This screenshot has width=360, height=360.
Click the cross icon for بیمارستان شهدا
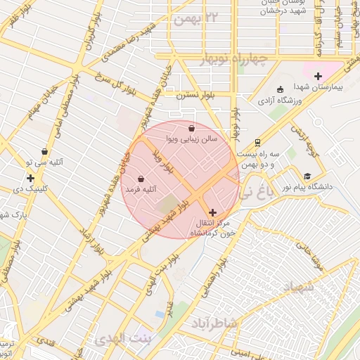[x=318, y=76]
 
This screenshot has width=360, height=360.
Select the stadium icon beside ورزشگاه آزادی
[x=280, y=89]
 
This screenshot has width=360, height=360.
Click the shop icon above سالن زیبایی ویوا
[x=192, y=128]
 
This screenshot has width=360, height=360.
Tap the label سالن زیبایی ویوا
[x=192, y=140]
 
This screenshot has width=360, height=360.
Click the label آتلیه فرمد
[x=141, y=190]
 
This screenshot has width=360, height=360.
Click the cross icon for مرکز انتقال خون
[x=212, y=212]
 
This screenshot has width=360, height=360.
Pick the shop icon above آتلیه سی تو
[x=45, y=150]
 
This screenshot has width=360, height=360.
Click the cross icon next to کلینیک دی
[x=30, y=178]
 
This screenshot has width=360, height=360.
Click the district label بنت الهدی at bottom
[x=121, y=338]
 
